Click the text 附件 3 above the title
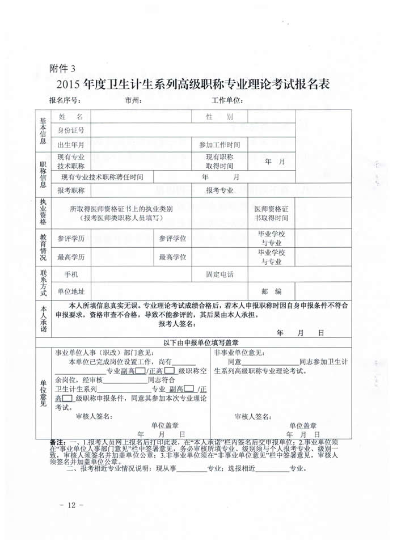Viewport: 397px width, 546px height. (x=62, y=69)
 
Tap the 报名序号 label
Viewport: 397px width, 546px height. (x=65, y=101)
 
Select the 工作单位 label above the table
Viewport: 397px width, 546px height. (x=227, y=101)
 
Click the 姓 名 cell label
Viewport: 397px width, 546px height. (x=71, y=117)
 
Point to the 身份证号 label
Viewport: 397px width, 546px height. (x=71, y=131)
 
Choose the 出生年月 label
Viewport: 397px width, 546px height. (x=71, y=145)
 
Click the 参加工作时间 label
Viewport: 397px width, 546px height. (x=219, y=145)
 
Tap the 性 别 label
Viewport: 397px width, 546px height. (x=219, y=117)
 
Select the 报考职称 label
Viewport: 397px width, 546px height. (x=71, y=191)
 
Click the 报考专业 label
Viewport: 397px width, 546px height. (x=219, y=191)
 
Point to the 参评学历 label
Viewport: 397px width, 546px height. (x=71, y=239)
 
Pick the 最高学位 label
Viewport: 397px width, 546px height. (x=173, y=257)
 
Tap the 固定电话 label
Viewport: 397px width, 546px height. (x=219, y=275)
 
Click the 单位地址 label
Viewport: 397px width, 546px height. (x=71, y=291)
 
